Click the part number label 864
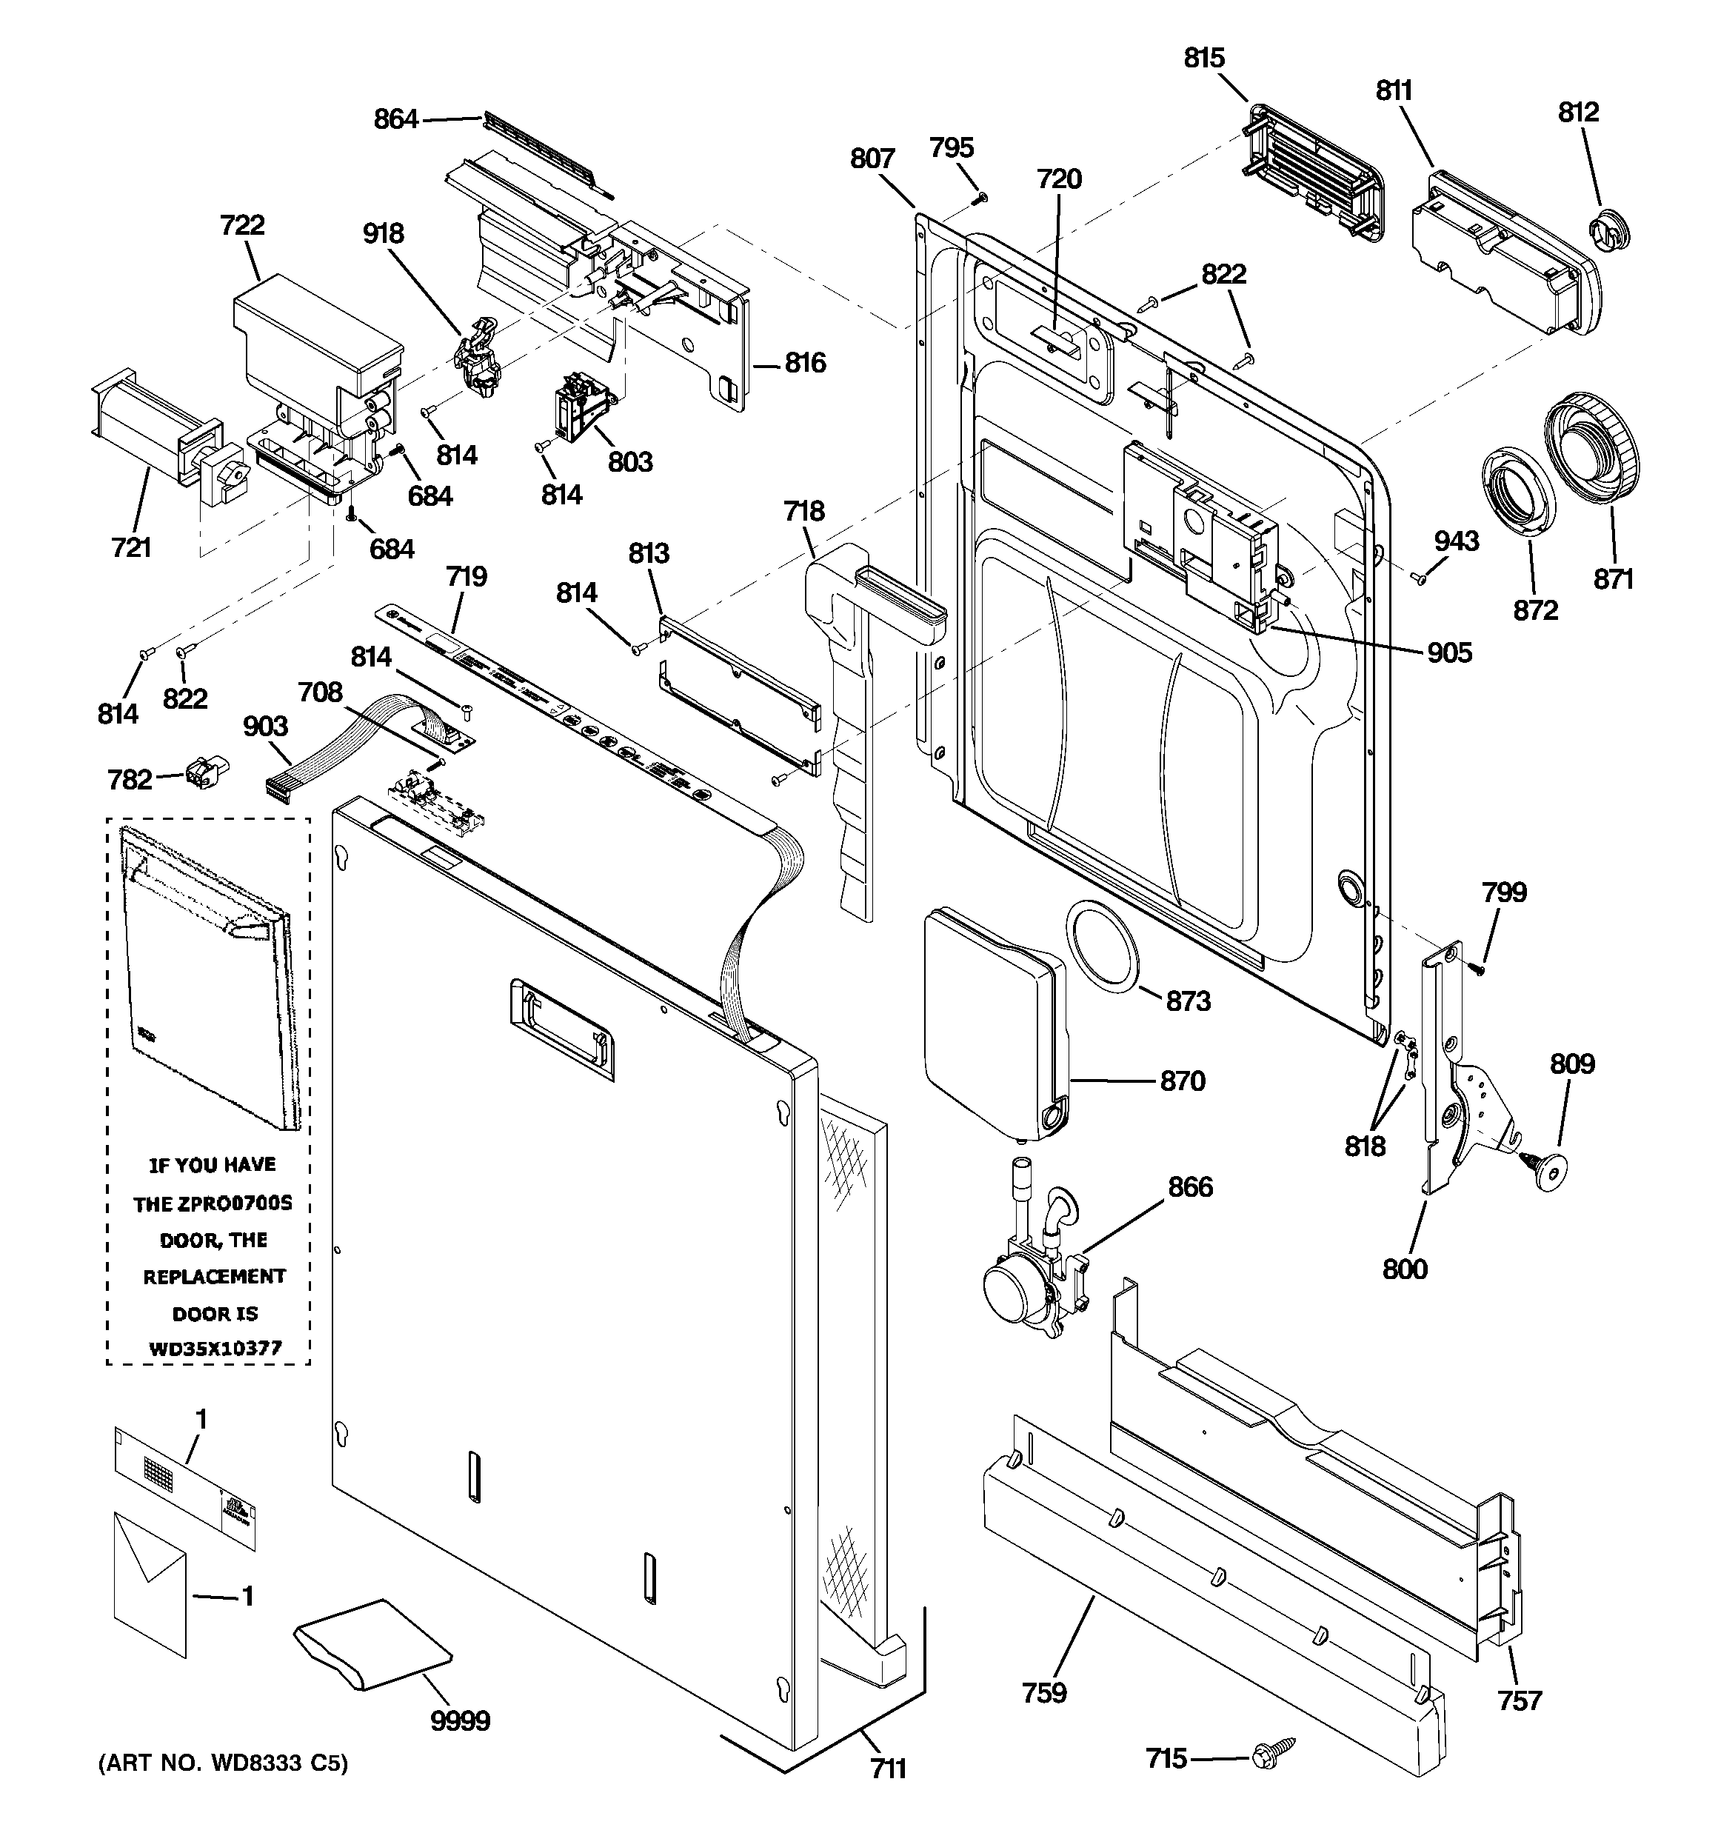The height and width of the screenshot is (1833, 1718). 395,119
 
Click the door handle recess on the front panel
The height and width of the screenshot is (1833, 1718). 561,1027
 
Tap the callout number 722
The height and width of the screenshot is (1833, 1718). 243,225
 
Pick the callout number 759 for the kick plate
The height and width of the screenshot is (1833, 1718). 1044,1693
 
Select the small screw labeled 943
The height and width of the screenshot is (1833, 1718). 1420,578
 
